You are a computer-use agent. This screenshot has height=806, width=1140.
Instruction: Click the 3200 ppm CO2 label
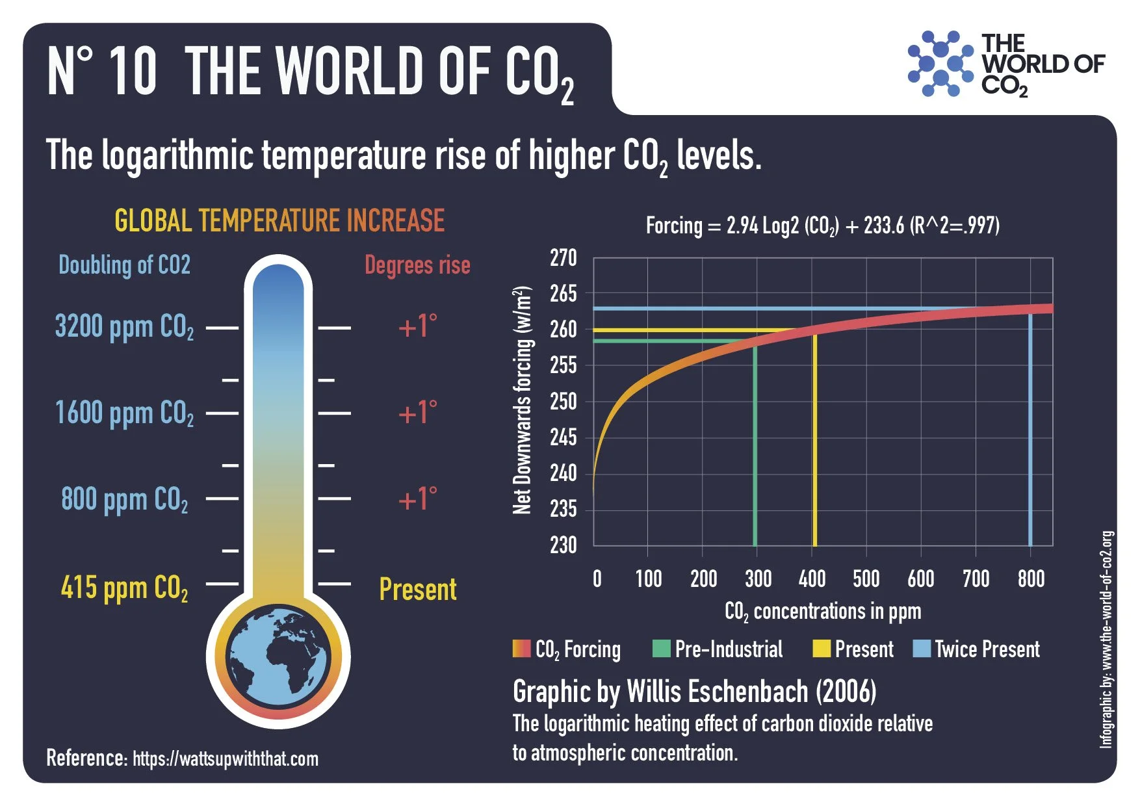[x=124, y=327]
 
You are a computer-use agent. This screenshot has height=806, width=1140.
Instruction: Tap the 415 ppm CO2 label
[x=124, y=588]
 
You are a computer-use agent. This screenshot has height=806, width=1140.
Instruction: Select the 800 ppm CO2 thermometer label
[x=124, y=500]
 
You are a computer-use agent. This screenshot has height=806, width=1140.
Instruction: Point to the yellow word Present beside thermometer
[x=417, y=590]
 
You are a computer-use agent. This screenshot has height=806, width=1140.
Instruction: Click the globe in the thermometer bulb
[x=278, y=656]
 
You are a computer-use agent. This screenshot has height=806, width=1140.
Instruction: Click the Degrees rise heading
[x=417, y=265]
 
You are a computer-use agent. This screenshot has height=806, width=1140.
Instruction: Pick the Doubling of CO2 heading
[x=124, y=265]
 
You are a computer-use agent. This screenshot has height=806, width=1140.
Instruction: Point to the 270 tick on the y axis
[x=563, y=259]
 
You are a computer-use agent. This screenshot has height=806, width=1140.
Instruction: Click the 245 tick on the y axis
[x=563, y=437]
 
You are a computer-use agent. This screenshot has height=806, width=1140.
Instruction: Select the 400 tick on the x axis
[x=812, y=578]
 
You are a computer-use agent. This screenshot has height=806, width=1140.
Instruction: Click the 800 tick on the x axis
[x=1031, y=578]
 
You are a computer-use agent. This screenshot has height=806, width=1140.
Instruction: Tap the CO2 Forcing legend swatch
[x=521, y=649]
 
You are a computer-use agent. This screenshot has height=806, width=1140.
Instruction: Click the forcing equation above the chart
[x=822, y=226]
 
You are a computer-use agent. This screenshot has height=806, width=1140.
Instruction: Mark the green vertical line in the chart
[x=755, y=455]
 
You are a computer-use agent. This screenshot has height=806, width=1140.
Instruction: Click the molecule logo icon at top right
[x=940, y=64]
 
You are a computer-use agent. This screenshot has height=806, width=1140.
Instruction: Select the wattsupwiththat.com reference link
[x=226, y=759]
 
